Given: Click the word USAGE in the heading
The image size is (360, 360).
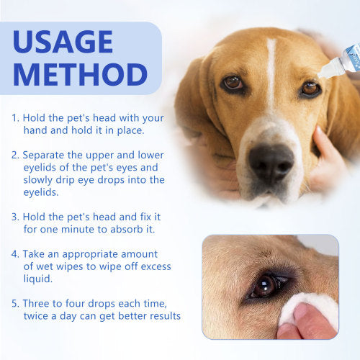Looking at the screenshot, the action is pyautogui.click(x=63, y=41).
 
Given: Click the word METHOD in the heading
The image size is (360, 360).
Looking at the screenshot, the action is pyautogui.click(x=80, y=75).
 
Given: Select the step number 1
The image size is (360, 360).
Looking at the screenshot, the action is pyautogui.click(x=15, y=118).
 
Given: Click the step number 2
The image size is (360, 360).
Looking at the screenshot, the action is pyautogui.click(x=15, y=156).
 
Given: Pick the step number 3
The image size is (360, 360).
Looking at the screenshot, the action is pyautogui.click(x=15, y=217).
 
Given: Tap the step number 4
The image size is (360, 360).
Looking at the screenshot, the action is pyautogui.click(x=15, y=254).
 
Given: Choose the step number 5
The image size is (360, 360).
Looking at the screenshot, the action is pyautogui.click(x=15, y=304).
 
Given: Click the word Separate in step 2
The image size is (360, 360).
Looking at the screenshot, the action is pyautogui.click(x=43, y=156).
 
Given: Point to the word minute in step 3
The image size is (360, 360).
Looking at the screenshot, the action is pyautogui.click(x=78, y=230).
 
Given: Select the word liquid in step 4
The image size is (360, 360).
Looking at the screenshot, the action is pyautogui.click(x=37, y=279).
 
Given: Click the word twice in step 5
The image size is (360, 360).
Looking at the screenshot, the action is pyautogui.click(x=38, y=316).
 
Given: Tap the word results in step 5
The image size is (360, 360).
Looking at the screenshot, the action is pyautogui.click(x=165, y=316).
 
